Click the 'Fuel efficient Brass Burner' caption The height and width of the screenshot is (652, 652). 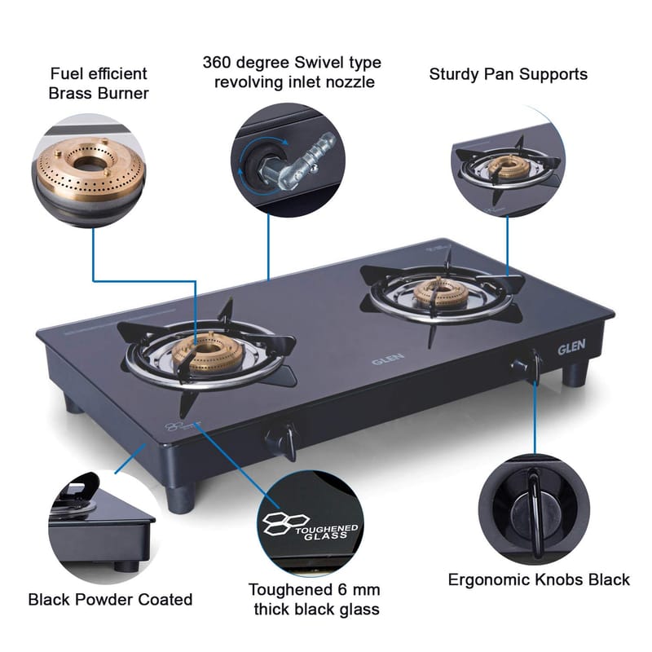point(99,83)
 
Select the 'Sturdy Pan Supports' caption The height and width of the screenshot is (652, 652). point(508,74)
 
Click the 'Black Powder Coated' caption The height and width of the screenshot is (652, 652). point(110,600)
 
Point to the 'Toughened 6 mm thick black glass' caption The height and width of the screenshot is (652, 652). point(314,599)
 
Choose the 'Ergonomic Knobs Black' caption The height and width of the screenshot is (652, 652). point(539,579)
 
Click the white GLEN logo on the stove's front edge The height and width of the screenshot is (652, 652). point(572,348)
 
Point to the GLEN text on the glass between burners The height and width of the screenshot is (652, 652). point(384,358)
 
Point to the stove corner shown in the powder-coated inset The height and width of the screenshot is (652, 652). point(102,522)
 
